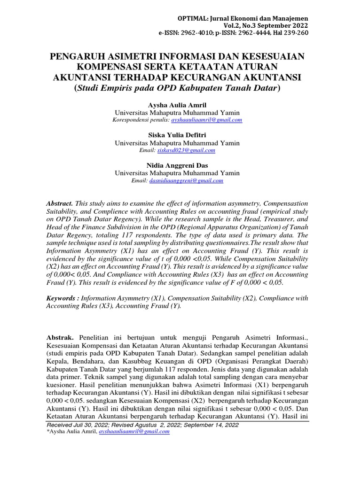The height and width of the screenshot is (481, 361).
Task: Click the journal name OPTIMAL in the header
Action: click(x=190, y=18)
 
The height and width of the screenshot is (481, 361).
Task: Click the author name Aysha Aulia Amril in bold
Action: click(x=177, y=105)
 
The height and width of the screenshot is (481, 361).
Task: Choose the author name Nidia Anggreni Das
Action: click(x=177, y=165)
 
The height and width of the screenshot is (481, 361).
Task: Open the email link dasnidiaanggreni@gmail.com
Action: click(x=186, y=180)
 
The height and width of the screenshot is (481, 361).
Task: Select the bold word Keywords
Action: click(x=62, y=298)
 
